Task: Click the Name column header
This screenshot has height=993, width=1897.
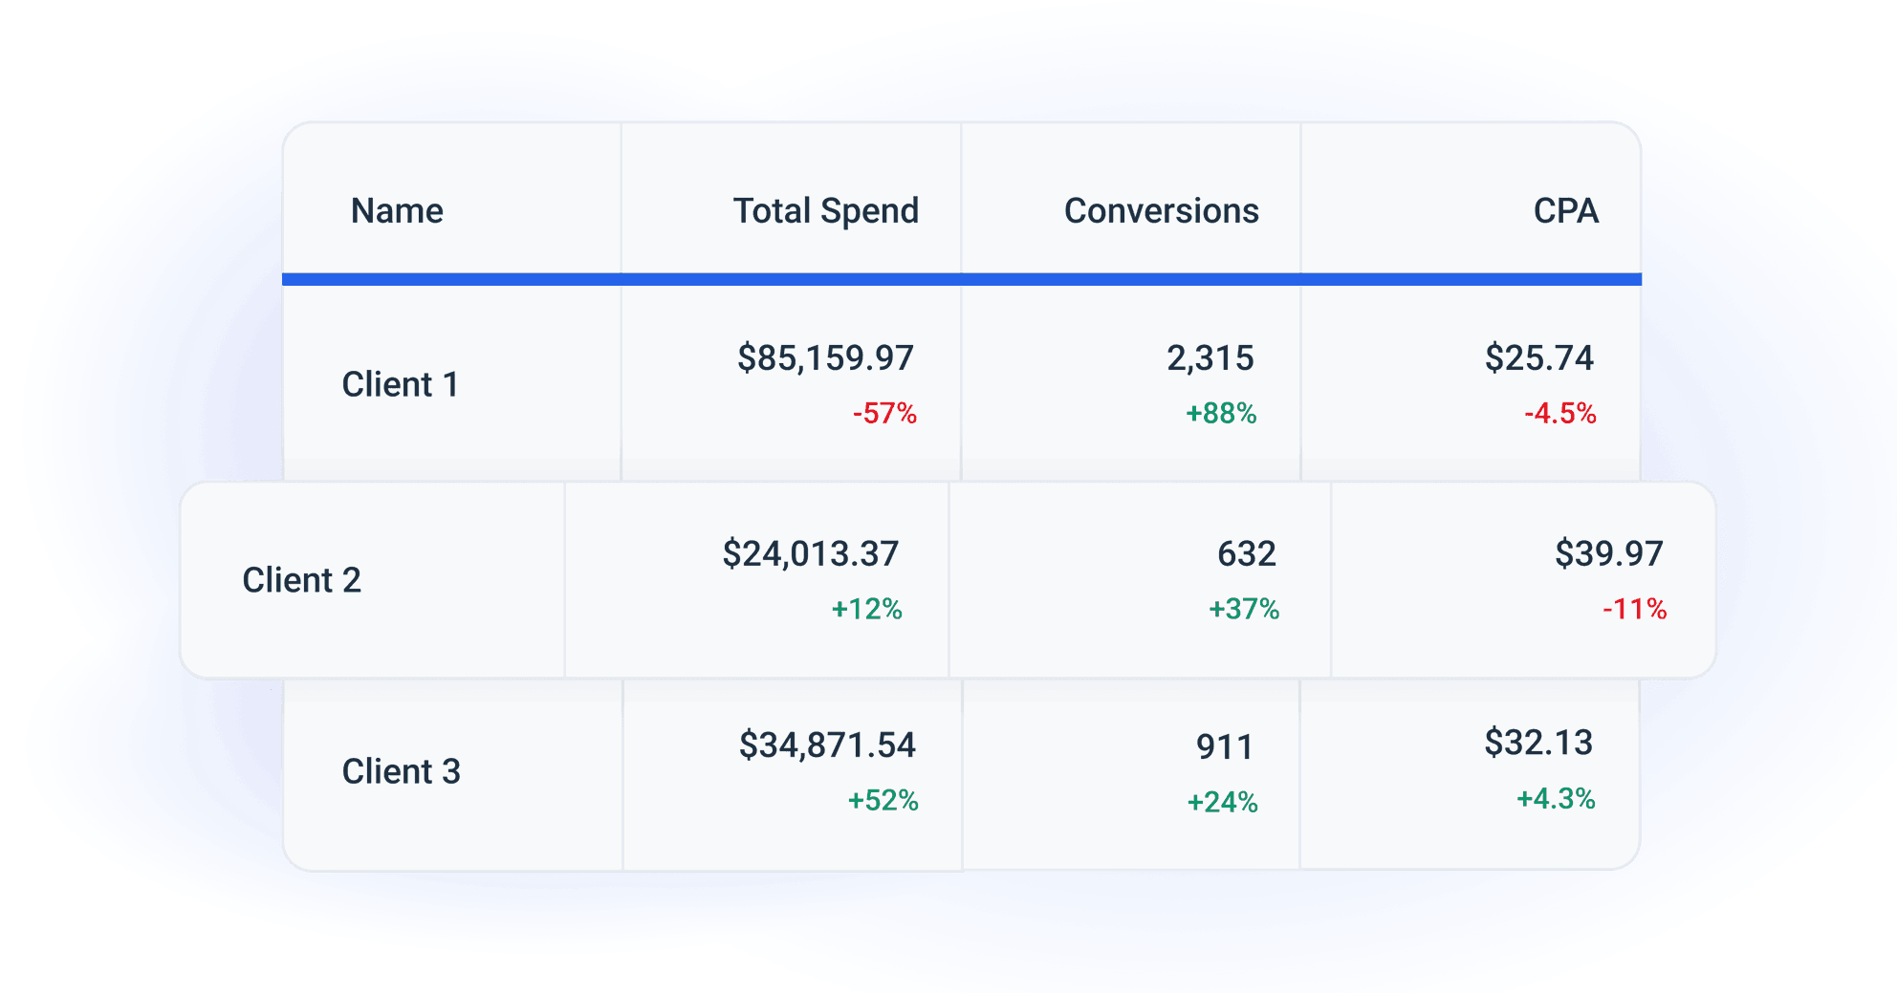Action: click(397, 211)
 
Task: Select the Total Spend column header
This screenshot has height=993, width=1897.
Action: click(825, 211)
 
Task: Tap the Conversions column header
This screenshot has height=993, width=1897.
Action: click(1161, 211)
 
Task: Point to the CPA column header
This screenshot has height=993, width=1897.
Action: click(1565, 211)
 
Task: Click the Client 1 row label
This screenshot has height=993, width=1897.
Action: click(400, 385)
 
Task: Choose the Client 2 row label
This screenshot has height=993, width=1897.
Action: click(301, 580)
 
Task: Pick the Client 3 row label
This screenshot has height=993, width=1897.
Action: click(401, 771)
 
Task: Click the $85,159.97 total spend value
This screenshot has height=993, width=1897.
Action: click(825, 358)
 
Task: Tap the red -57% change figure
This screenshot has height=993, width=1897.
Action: click(884, 414)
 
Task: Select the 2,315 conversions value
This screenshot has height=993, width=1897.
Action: click(1210, 358)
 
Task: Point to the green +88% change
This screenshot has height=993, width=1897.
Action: click(1221, 414)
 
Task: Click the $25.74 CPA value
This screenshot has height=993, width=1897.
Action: click(1538, 358)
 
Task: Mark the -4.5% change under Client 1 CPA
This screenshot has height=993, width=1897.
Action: click(1559, 414)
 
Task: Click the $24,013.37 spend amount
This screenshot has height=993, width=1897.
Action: click(810, 554)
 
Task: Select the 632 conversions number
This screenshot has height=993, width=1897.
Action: click(1246, 554)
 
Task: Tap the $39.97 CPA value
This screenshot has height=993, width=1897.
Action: click(1608, 554)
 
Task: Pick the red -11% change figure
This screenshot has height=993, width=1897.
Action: click(1634, 609)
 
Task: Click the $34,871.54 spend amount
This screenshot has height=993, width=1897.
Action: click(827, 745)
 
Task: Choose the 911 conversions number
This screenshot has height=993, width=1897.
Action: click(1224, 747)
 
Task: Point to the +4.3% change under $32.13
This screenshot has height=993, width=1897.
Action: click(1556, 799)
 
